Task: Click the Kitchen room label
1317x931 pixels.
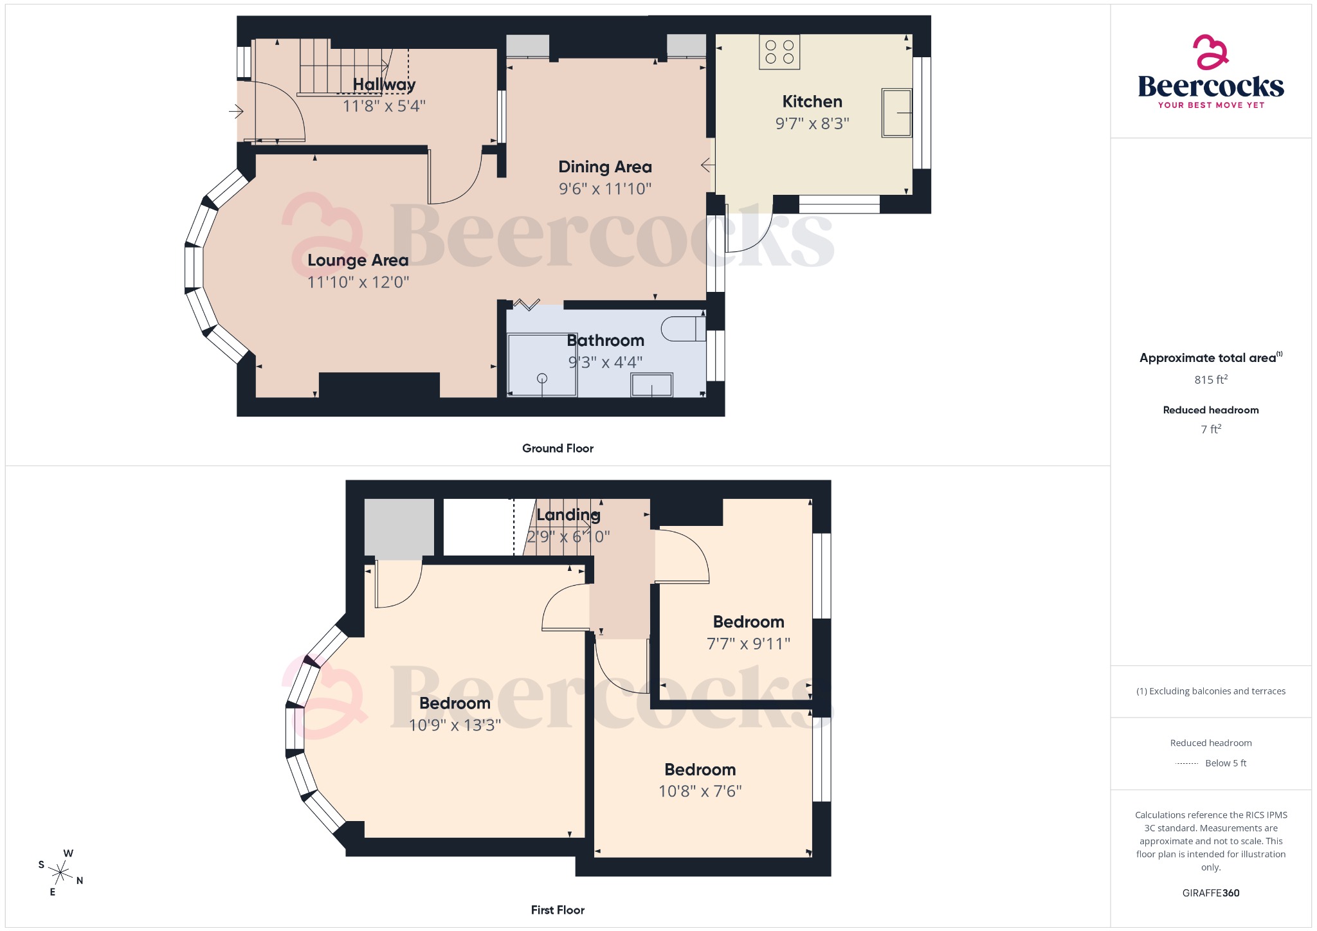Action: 812,102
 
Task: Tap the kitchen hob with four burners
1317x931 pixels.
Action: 779,52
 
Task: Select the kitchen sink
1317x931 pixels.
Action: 896,113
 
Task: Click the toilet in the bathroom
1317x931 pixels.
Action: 683,329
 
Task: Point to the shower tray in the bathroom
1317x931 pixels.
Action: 542,365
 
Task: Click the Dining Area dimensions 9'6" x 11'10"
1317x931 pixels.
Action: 604,189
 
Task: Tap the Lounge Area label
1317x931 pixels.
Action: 358,260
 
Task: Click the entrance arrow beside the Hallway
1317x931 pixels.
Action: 236,112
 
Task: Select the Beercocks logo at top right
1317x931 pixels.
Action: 1210,72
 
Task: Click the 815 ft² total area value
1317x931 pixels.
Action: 1210,380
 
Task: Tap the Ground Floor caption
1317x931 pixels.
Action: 558,449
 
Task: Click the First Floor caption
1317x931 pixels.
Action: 558,910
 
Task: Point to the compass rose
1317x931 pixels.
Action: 61,872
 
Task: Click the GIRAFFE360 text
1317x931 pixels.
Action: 1210,893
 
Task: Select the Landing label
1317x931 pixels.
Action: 568,515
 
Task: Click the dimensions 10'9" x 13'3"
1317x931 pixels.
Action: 455,725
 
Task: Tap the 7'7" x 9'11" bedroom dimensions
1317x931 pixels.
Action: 748,644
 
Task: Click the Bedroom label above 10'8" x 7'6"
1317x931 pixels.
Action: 700,770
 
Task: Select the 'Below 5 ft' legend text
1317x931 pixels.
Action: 1225,763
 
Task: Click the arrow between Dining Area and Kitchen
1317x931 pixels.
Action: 707,166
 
